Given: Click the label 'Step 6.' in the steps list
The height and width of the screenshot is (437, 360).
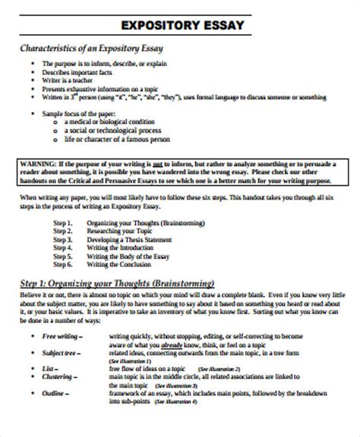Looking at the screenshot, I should coord(63,266).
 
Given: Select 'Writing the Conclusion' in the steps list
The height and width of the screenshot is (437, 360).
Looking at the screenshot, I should coord(120,266).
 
